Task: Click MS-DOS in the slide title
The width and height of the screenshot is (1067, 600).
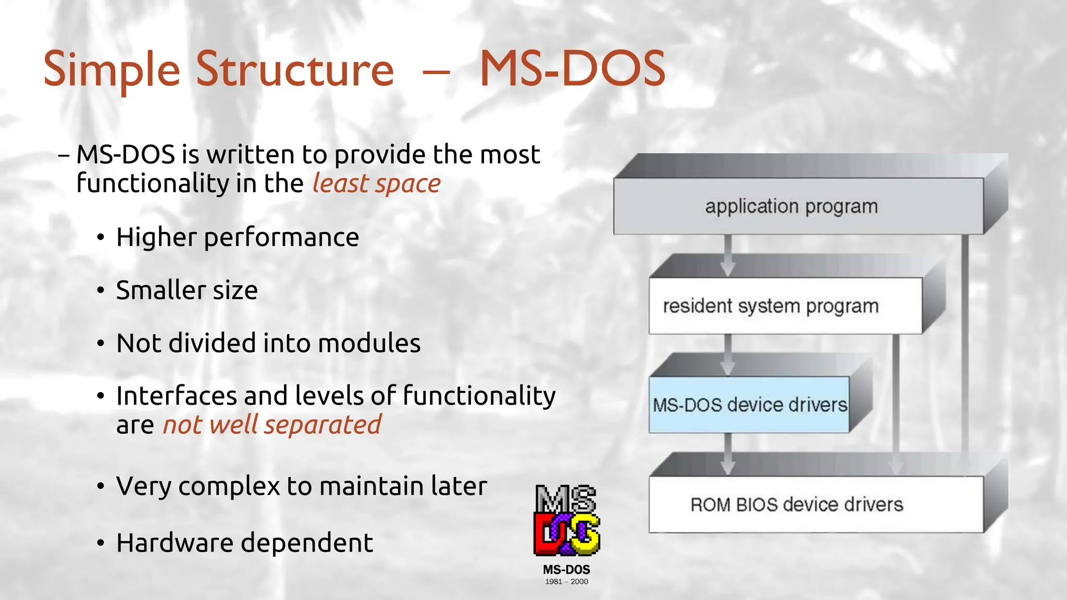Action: pyautogui.click(x=572, y=69)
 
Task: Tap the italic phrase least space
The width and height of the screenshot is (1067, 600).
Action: pyautogui.click(x=376, y=183)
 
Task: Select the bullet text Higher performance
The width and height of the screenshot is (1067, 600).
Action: pyautogui.click(x=238, y=238)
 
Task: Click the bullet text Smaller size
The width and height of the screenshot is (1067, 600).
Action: pyautogui.click(x=187, y=290)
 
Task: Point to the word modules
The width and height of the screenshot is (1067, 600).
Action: pyautogui.click(x=369, y=343)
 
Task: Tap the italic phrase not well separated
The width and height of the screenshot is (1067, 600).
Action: pyautogui.click(x=272, y=424)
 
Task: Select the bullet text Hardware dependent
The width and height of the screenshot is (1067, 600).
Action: pyautogui.click(x=244, y=543)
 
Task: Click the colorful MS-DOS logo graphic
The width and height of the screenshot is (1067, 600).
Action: pyautogui.click(x=566, y=521)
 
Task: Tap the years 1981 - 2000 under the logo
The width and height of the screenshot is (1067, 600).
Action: pyautogui.click(x=566, y=582)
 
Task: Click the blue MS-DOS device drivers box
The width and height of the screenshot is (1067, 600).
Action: pyautogui.click(x=749, y=405)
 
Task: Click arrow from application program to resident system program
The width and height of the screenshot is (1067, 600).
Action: pyautogui.click(x=728, y=255)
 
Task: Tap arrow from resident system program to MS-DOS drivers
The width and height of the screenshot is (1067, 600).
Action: pyautogui.click(x=728, y=354)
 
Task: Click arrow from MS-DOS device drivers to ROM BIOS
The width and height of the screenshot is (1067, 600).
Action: pyautogui.click(x=728, y=454)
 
